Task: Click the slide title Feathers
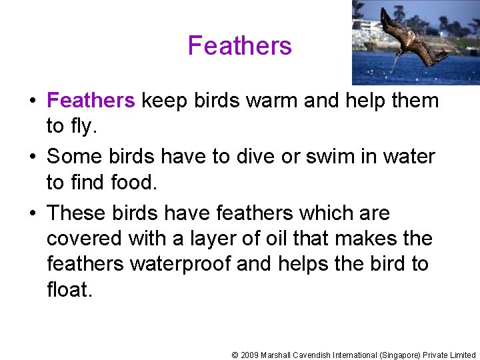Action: click(240, 46)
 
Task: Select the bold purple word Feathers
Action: click(91, 101)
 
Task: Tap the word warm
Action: click(273, 101)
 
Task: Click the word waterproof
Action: click(180, 263)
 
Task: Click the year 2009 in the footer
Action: click(249, 355)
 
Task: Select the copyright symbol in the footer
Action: click(235, 355)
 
